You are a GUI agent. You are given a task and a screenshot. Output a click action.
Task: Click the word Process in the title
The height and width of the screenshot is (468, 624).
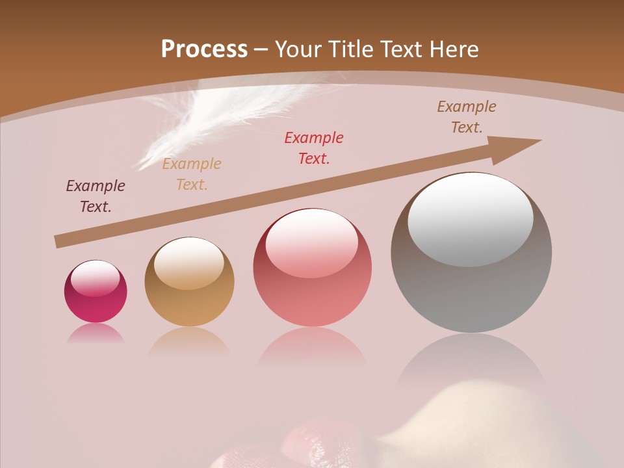(204, 49)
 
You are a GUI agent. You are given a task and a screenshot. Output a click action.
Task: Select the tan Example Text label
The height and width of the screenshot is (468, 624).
(192, 174)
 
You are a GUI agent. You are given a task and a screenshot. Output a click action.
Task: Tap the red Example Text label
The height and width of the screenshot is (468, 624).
(314, 148)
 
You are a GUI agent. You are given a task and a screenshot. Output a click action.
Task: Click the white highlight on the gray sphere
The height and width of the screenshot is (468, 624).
(471, 220)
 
